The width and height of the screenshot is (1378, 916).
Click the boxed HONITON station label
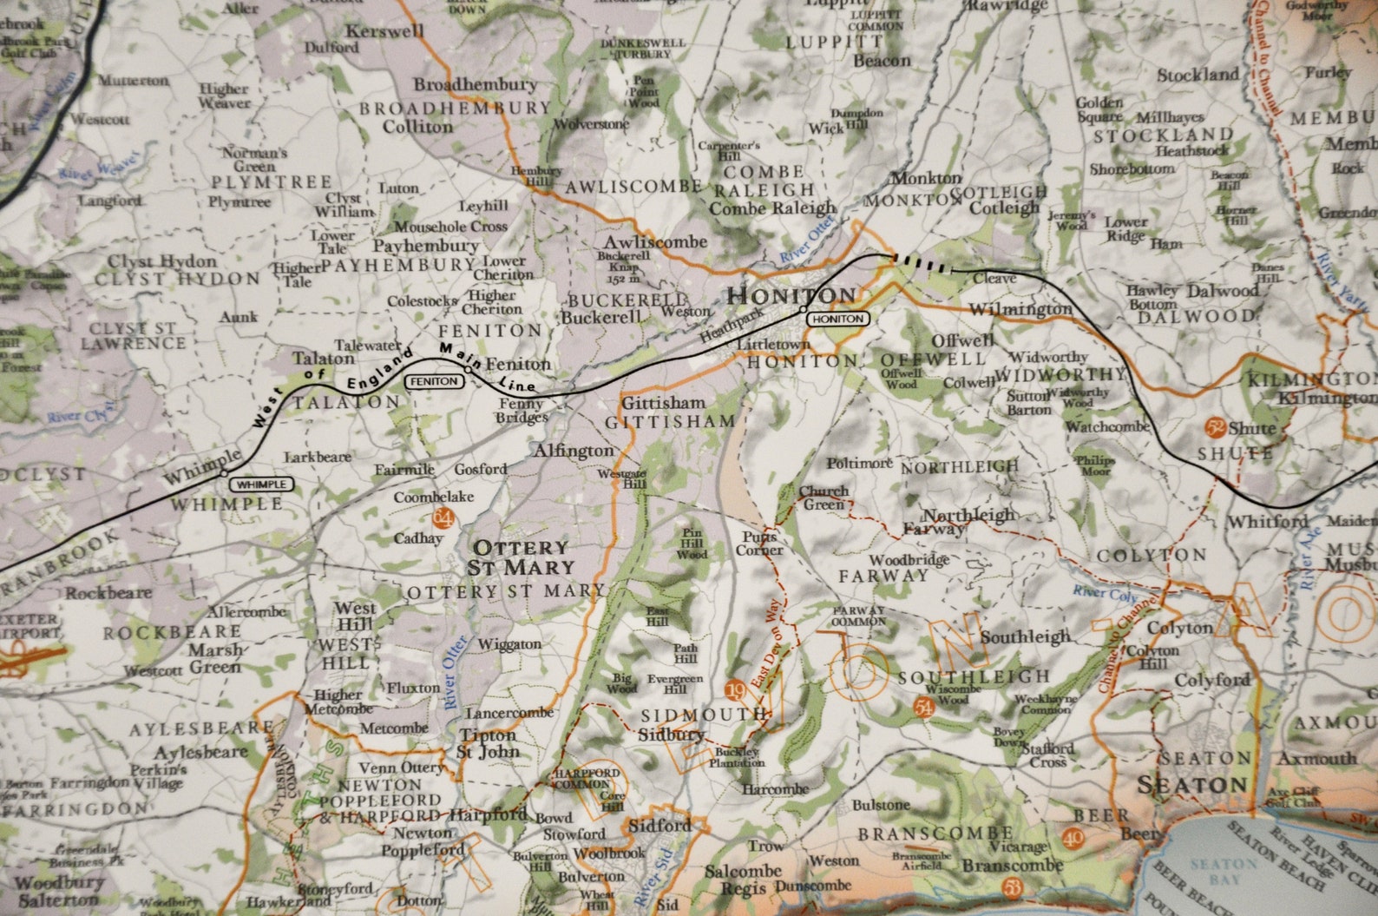click(x=838, y=320)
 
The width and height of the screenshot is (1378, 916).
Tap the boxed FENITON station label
click(x=435, y=381)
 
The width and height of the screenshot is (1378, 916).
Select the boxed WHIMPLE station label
click(x=261, y=484)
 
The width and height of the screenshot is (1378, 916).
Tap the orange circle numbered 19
click(x=736, y=690)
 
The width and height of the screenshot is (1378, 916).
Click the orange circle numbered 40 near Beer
click(x=1073, y=838)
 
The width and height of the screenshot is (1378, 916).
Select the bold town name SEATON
click(x=1191, y=785)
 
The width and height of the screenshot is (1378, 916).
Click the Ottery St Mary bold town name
click(x=521, y=557)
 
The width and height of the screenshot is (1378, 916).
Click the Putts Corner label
click(x=759, y=544)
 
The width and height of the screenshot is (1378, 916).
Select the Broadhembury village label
click(x=475, y=85)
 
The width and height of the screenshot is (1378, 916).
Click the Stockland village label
click(x=1198, y=75)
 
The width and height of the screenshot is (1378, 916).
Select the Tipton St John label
click(x=487, y=743)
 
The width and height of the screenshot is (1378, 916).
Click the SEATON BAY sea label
click(x=1225, y=872)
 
